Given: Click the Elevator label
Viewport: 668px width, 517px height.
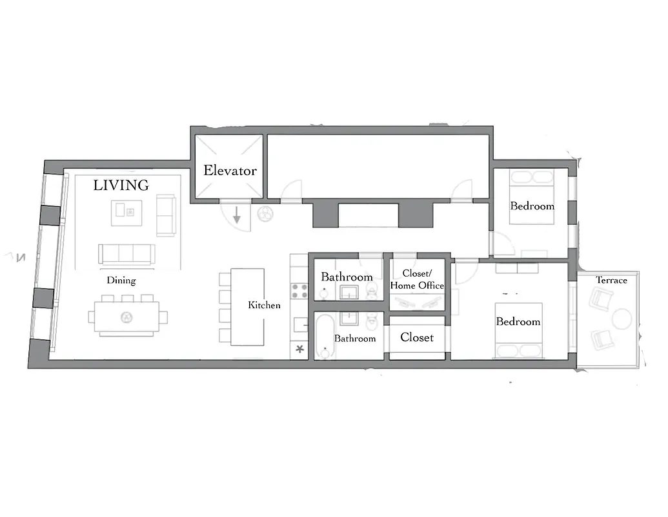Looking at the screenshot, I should pos(230,171).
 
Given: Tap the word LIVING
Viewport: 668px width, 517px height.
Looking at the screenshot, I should pos(121,185).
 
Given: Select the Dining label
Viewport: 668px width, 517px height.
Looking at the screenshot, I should pos(121,280).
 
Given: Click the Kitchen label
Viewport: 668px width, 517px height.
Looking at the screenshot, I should pos(264,305).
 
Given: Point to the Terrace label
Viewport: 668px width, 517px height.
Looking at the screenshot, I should pos(611,280).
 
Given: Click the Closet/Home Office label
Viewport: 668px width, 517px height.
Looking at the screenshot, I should pos(417,279).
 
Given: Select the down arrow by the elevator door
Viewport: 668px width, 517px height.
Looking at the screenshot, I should pos(237,215).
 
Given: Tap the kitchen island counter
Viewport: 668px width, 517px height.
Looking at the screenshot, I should pos(247,306).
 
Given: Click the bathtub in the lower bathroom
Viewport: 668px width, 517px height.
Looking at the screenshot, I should pos(324,335).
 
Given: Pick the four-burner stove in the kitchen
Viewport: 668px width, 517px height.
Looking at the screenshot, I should pos(299,290).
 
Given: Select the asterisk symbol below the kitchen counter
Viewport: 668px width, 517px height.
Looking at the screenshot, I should pos(299,350).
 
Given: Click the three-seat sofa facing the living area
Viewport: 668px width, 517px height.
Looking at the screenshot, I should pos(127,253).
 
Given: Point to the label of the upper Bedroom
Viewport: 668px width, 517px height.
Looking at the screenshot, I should pos(532,206).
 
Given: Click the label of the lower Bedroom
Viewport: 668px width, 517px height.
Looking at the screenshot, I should pos(518,321).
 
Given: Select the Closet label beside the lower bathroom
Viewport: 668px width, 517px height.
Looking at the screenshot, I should pos(417,337).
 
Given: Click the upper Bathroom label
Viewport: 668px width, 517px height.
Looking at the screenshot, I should pos(347,277).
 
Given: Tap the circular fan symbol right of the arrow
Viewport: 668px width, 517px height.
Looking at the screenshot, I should pos(265,215).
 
